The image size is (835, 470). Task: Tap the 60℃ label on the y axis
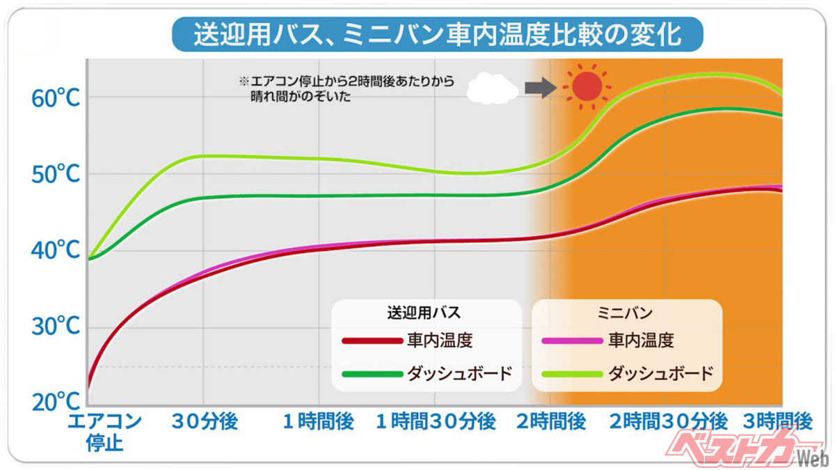56,98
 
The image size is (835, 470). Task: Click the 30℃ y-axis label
56,326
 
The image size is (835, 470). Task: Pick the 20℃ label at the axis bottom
56,402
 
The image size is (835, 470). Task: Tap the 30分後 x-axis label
205,421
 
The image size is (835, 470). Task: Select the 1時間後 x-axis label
318,421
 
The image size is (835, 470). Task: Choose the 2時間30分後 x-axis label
669,421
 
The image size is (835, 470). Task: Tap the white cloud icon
492,88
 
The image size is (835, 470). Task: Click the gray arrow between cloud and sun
536,87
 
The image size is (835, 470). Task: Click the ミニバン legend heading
625,311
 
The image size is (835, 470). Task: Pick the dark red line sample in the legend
372,341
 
